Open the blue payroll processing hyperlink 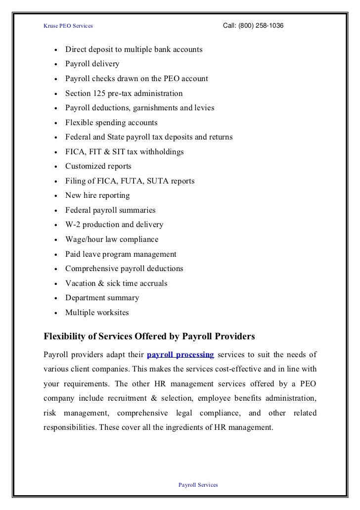(180, 355)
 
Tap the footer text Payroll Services (198, 485)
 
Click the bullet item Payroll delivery (92, 64)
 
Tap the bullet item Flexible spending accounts (111, 123)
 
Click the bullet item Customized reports (98, 167)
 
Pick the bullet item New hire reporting (97, 195)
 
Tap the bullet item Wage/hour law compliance (112, 239)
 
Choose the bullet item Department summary (102, 298)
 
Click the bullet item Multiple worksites (97, 313)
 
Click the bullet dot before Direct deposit (57, 50)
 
